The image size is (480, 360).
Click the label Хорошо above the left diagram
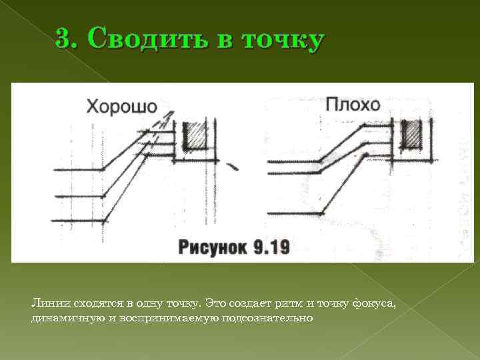(x=121, y=107)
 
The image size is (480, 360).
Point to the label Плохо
(x=353, y=105)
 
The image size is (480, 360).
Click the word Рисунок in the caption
(x=212, y=248)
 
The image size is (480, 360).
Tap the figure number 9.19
(x=271, y=248)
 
